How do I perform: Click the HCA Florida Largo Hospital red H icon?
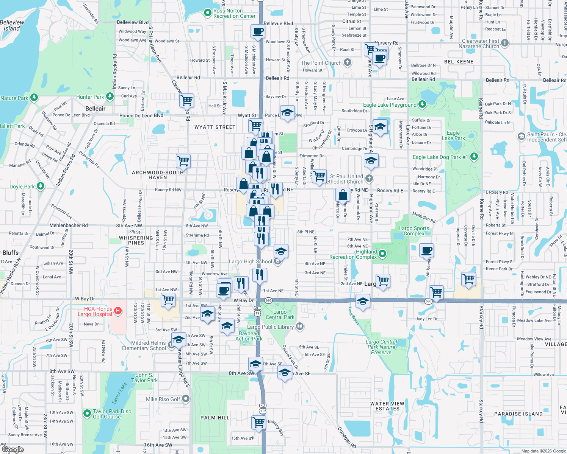click(x=118, y=311)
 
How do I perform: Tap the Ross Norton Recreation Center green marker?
click(x=207, y=13)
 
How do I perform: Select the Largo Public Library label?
click(x=270, y=327)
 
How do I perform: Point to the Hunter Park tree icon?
click(x=110, y=96)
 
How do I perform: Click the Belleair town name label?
click(x=96, y=109)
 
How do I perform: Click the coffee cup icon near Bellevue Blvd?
click(x=258, y=32)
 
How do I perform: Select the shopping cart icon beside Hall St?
click(x=186, y=101)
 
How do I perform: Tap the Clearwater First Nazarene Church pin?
click(x=504, y=43)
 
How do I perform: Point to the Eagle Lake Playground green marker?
click(x=422, y=104)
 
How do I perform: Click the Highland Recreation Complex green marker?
click(x=382, y=253)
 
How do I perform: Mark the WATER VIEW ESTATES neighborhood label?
click(x=387, y=406)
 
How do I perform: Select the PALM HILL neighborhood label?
click(x=215, y=418)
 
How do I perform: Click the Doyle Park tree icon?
click(x=41, y=186)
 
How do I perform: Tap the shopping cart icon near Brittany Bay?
click(x=259, y=422)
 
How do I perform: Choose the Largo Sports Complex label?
click(x=414, y=231)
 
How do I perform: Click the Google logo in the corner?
click(x=13, y=449)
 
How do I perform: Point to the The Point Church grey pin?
click(x=348, y=62)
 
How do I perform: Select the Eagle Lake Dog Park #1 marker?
click(x=474, y=157)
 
